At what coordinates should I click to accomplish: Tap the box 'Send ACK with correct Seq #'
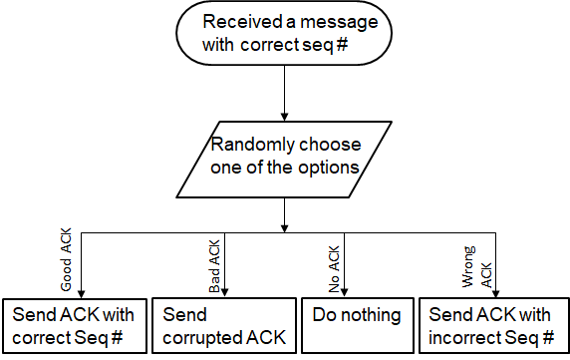(x=75, y=326)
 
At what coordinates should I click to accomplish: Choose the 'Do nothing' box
(x=358, y=326)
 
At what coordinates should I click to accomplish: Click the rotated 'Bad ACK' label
(x=214, y=267)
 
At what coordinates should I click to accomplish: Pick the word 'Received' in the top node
(x=241, y=22)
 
